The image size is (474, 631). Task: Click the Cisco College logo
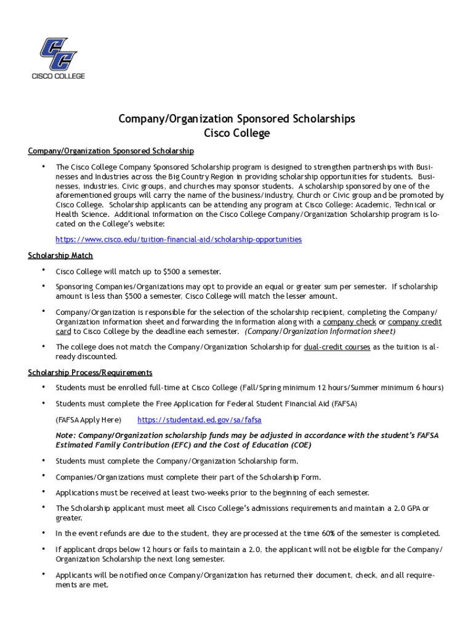58,58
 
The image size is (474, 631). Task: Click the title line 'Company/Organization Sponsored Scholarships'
236,119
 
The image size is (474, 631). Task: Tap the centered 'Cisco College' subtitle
236,133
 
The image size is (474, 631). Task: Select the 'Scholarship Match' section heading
60,256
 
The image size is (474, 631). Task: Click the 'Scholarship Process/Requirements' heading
90,373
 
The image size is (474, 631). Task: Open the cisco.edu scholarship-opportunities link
179,239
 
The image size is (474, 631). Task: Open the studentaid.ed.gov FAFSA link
199,420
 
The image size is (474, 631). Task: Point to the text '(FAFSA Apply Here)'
88,420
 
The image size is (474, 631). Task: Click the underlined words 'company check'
349,322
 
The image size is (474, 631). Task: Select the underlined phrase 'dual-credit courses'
337,347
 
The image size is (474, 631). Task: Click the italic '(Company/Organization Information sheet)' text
320,331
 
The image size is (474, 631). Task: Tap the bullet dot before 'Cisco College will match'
43,271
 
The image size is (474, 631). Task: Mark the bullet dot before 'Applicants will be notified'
43,574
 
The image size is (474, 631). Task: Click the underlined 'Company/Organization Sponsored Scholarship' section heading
111,151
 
